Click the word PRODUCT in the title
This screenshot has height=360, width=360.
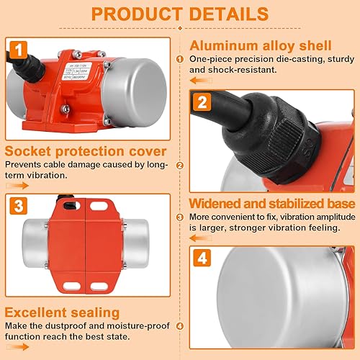tap(138, 14)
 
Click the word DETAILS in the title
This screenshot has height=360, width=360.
tap(230, 14)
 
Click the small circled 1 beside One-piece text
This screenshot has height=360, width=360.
tap(180, 59)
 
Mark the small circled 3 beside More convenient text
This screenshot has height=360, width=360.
tap(180, 217)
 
